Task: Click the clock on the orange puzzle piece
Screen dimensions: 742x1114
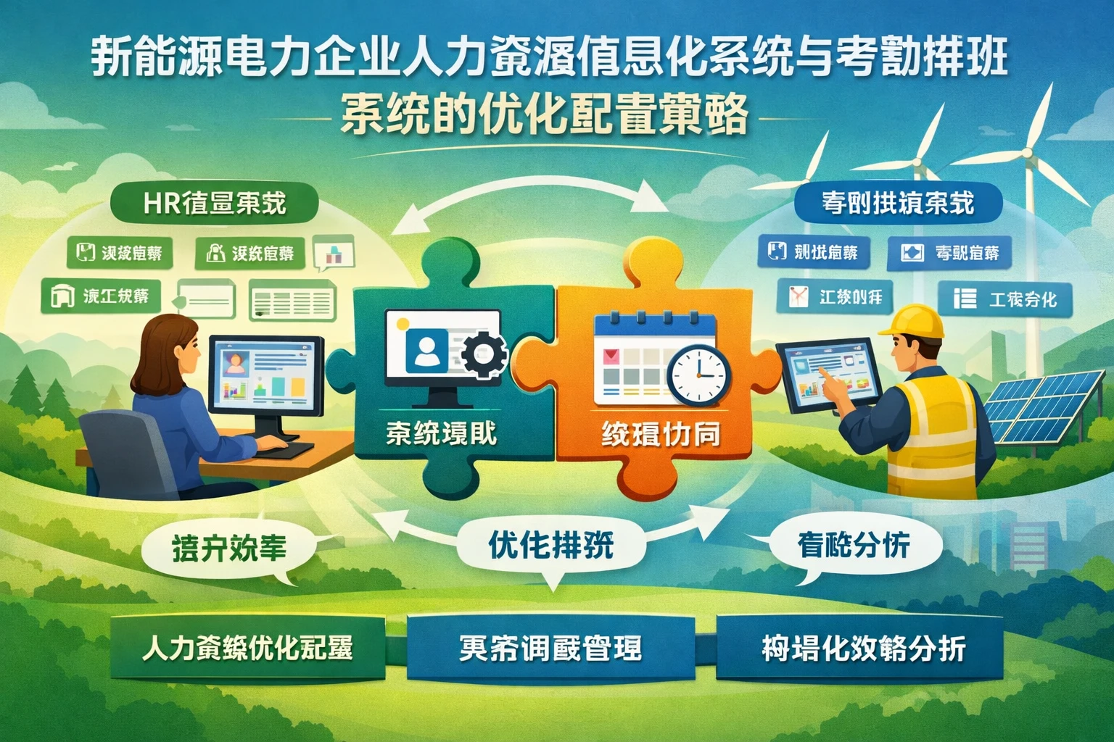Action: click(698, 375)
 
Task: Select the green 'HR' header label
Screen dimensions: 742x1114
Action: click(214, 203)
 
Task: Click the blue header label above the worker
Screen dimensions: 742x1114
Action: click(898, 203)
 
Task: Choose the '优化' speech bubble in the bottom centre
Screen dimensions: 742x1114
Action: click(551, 545)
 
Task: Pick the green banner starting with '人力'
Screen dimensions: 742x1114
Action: click(247, 647)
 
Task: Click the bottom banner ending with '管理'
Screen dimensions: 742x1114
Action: click(550, 647)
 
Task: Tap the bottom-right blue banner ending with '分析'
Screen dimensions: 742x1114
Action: click(862, 648)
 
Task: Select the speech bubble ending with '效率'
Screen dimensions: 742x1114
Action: click(229, 549)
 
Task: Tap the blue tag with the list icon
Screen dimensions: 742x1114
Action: click(1004, 299)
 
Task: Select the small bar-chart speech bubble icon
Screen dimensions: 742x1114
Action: click(334, 253)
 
